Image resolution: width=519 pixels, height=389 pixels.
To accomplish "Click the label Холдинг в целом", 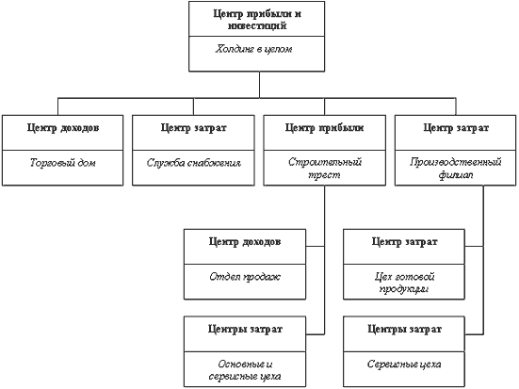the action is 254,49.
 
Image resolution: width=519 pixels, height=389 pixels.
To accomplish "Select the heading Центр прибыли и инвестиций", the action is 257,20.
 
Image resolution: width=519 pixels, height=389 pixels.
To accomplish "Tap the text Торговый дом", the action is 62,163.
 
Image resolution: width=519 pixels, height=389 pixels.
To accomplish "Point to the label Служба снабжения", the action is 194,163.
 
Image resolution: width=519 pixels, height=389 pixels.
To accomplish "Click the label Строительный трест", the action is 324,169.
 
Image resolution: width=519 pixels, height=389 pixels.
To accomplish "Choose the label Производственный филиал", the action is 456,169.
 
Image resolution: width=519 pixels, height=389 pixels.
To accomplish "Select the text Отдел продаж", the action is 245,277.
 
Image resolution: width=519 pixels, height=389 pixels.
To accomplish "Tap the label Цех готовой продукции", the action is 404,283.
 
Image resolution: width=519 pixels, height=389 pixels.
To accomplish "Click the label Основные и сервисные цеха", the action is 245,370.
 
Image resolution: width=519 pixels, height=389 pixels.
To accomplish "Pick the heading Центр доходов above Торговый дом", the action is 63,128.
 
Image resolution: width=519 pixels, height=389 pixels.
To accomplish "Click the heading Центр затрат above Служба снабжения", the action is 194,128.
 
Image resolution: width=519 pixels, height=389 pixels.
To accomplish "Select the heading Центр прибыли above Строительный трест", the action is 324,128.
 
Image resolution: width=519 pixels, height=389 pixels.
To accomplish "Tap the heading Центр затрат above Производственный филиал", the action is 456,128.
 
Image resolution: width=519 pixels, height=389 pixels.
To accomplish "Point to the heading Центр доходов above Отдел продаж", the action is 245,242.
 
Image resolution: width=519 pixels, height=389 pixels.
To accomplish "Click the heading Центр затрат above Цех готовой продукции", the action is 404,242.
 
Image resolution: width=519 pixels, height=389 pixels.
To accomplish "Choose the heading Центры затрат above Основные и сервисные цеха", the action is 245,330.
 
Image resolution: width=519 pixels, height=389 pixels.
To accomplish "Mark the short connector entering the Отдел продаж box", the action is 316,247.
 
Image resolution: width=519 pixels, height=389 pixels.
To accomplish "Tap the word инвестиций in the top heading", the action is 257,25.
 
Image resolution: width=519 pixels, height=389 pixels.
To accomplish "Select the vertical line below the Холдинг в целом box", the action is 260,85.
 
